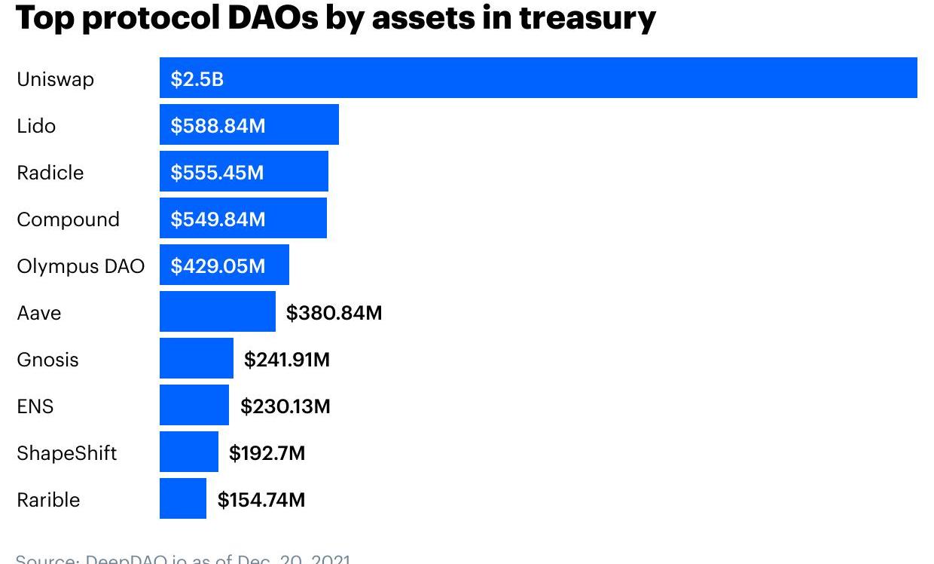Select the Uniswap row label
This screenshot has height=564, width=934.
pos(55,78)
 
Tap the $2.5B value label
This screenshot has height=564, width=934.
pos(197,78)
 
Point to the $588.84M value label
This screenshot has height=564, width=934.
pos(218,125)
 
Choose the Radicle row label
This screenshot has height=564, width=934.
pos(50,172)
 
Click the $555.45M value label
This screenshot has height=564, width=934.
pos(217,172)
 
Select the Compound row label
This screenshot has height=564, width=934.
pos(68,219)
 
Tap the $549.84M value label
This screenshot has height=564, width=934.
pos(218,219)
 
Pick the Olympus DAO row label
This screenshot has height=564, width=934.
pos(81,265)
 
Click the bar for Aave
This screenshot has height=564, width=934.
pos(217,312)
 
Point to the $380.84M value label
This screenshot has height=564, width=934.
pos(334,312)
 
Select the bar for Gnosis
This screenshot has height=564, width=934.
pos(196,359)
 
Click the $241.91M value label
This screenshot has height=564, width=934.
pos(286,359)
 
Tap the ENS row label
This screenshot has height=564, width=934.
pos(35,406)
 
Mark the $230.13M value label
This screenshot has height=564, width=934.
pos(285,406)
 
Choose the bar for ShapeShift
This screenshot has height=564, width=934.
pos(188,452)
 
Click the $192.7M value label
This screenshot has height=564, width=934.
pos(267,452)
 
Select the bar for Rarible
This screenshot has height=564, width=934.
pos(182,499)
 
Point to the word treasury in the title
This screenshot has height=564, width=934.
pos(587,17)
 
